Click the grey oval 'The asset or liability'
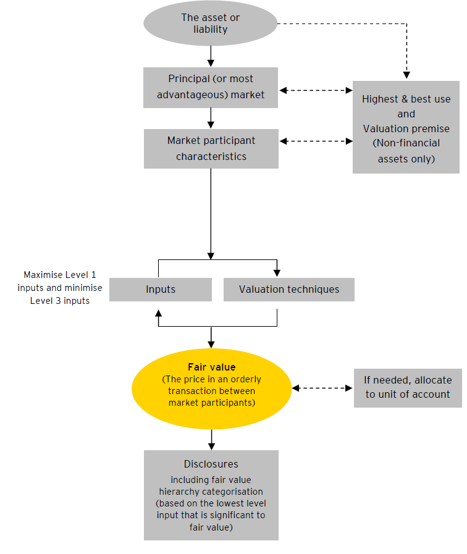pyautogui.click(x=211, y=23)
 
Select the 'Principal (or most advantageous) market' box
pyautogui.click(x=211, y=86)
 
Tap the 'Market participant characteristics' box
pyautogui.click(x=211, y=148)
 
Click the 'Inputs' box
pyautogui.click(x=161, y=289)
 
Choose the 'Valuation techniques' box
pyautogui.click(x=288, y=289)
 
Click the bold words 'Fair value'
pyautogui.click(x=211, y=367)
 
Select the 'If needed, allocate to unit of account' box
pyautogui.click(x=407, y=387)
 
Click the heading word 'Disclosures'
pyautogui.click(x=211, y=464)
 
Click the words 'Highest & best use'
pyautogui.click(x=406, y=99)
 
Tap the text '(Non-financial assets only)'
pyautogui.click(x=406, y=151)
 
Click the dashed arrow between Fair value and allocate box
pyautogui.click(x=322, y=388)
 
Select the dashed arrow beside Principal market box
pyautogui.click(x=315, y=90)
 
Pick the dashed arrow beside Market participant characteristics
pyautogui.click(x=315, y=141)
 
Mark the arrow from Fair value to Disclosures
pyautogui.click(x=211, y=439)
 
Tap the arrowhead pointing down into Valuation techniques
pyautogui.click(x=277, y=272)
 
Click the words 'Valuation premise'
pyautogui.click(x=406, y=128)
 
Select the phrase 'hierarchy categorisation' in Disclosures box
pyautogui.click(x=211, y=492)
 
